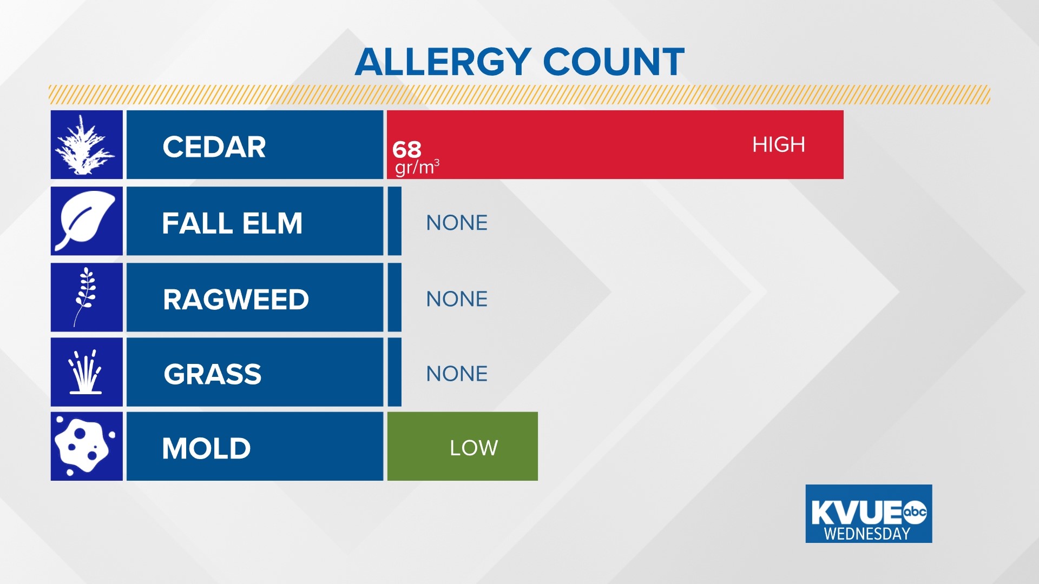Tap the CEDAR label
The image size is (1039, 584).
click(x=214, y=147)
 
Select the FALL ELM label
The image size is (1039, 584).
click(x=232, y=223)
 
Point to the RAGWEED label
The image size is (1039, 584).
click(x=236, y=299)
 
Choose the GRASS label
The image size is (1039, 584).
click(x=213, y=374)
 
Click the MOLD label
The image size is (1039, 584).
click(x=206, y=448)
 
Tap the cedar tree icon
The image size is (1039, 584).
click(x=86, y=145)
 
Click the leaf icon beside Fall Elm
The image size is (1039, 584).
click(x=86, y=221)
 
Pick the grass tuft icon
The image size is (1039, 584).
click(x=86, y=372)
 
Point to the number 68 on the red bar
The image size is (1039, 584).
click(x=406, y=149)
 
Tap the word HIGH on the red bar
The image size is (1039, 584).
click(x=778, y=144)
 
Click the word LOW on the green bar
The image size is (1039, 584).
click(x=474, y=448)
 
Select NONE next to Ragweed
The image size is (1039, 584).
click(x=457, y=299)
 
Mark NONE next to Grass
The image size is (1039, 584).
click(x=457, y=374)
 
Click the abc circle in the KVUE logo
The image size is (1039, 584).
click(x=915, y=512)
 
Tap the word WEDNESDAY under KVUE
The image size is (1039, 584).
click(x=867, y=534)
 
